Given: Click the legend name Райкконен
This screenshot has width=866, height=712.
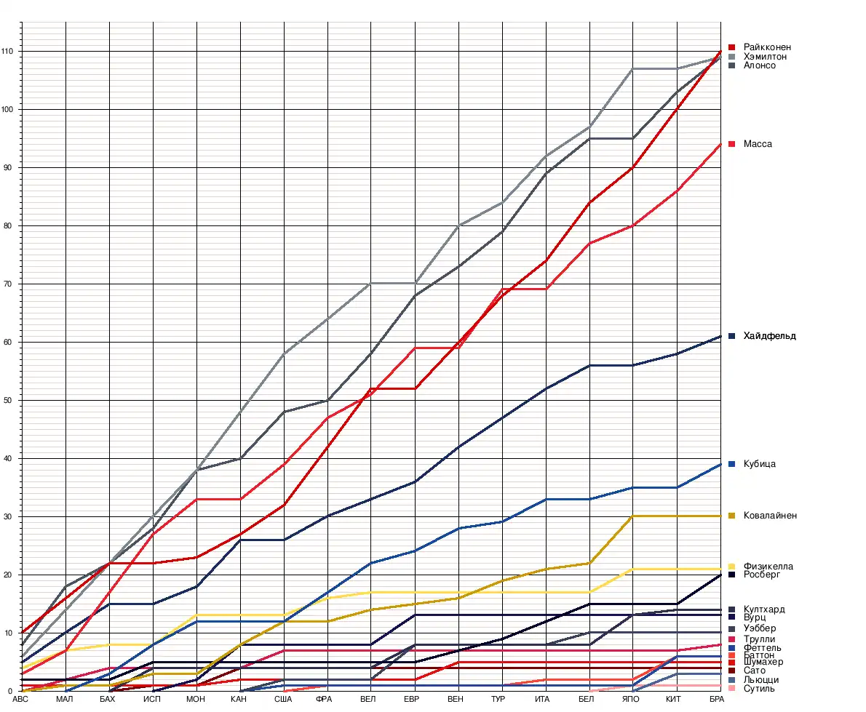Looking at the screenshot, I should click(x=767, y=47).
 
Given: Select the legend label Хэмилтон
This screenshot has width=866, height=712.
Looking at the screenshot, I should click(x=765, y=57).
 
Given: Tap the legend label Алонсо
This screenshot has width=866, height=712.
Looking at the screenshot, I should click(x=760, y=65).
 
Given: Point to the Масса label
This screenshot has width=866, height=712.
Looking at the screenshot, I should click(x=758, y=144).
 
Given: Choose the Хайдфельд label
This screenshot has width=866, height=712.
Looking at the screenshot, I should click(x=770, y=336).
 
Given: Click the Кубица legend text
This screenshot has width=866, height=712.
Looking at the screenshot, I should click(x=760, y=464).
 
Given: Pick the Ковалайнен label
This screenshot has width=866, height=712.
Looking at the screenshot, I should click(x=770, y=516).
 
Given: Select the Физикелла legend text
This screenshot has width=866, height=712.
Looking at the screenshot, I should click(x=768, y=567).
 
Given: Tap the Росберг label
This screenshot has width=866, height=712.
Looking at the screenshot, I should click(x=761, y=575).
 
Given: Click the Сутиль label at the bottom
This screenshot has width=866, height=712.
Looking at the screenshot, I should click(x=759, y=688).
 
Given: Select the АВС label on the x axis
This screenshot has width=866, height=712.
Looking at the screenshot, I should click(x=20, y=700).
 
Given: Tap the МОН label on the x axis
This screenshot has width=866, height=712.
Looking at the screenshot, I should click(x=196, y=700).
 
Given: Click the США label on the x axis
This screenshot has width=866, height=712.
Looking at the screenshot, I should click(x=283, y=700).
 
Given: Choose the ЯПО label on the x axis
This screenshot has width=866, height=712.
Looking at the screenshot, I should click(x=631, y=700).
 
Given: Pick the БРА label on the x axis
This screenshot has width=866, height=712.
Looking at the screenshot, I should click(x=717, y=700).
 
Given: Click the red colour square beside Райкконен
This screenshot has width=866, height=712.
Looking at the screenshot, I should click(x=732, y=47).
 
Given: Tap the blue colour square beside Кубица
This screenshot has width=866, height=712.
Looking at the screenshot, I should click(x=732, y=464).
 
